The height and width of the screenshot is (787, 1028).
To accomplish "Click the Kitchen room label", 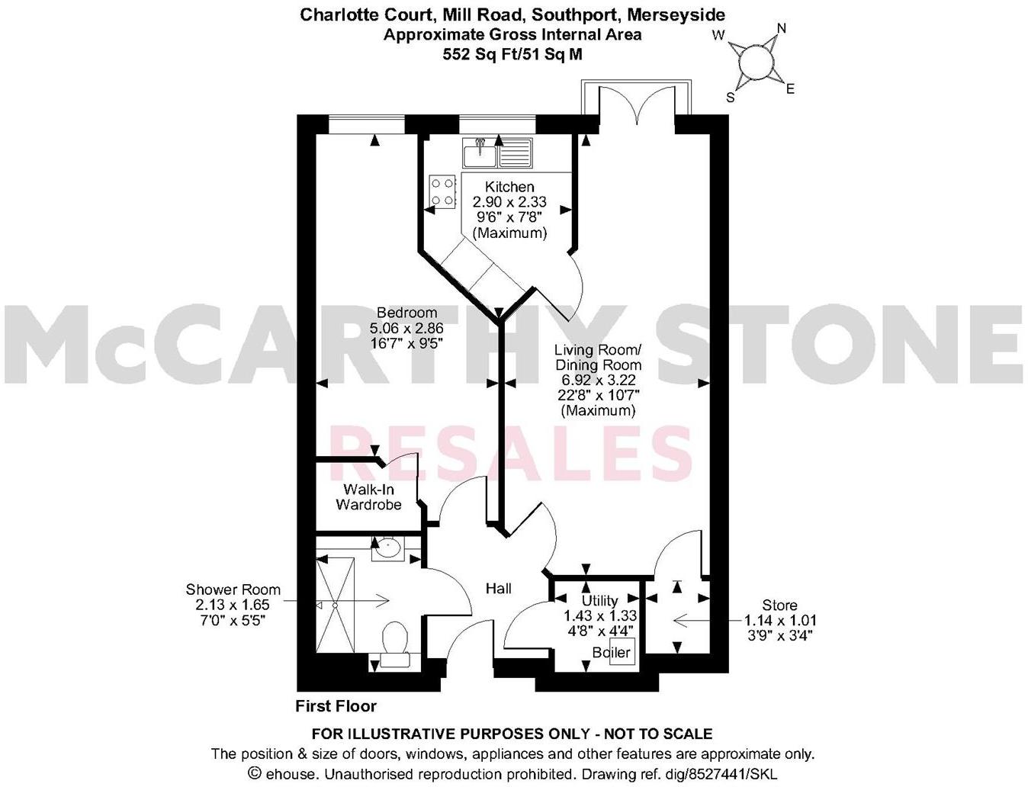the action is tap(509, 187).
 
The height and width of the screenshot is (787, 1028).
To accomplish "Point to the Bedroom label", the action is tap(407, 313).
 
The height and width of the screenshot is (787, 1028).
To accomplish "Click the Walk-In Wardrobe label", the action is tap(368, 496).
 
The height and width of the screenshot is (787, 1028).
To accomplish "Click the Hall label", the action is tap(499, 588).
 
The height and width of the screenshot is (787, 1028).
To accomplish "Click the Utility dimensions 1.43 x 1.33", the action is tap(599, 615).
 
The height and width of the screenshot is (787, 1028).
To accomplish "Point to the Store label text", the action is tap(779, 606).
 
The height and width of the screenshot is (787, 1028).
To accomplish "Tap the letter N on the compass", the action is tap(781, 29).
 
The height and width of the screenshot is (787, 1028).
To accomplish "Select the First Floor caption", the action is tap(336, 706).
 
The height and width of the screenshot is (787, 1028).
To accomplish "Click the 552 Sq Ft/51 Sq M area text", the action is tap(512, 53).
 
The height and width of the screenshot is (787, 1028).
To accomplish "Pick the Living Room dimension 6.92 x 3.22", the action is tap(598, 379).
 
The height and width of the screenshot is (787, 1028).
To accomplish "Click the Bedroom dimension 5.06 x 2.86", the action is tap(407, 328).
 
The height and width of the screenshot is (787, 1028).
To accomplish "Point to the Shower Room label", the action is tap(233, 589).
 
